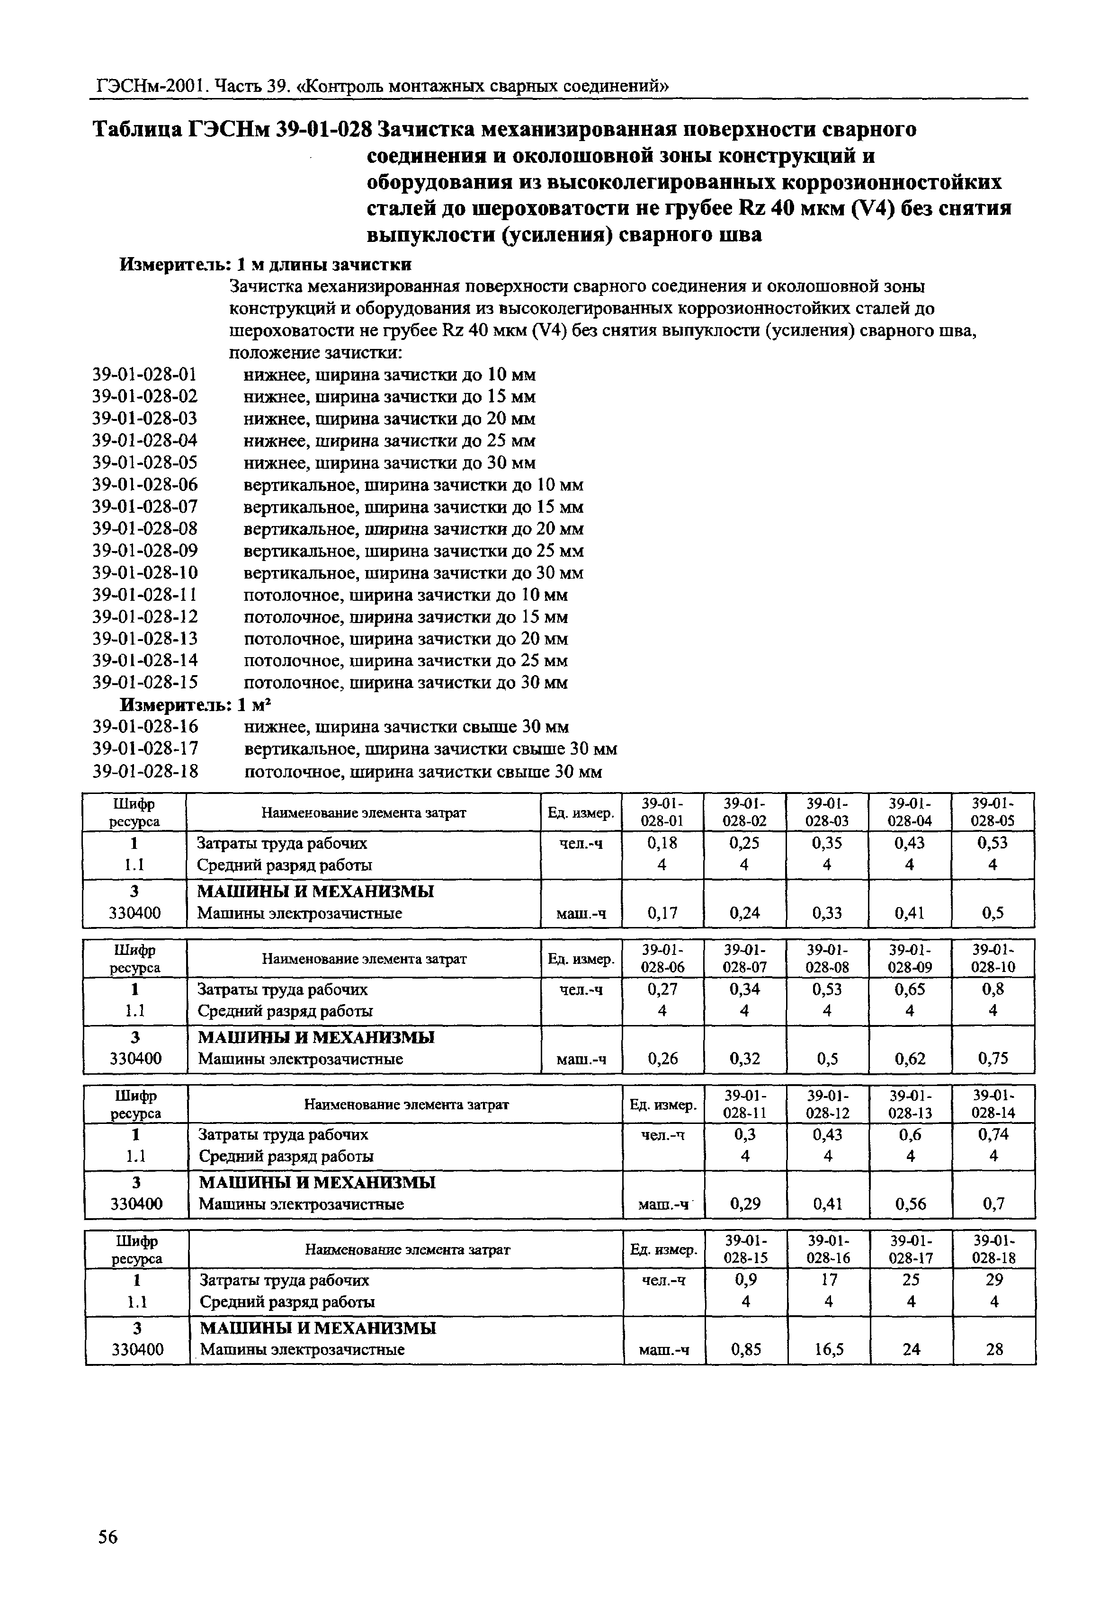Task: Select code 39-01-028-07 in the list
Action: [145, 507]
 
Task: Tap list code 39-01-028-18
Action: [145, 771]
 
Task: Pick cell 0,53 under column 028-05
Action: [992, 843]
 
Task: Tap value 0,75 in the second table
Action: [993, 1058]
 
